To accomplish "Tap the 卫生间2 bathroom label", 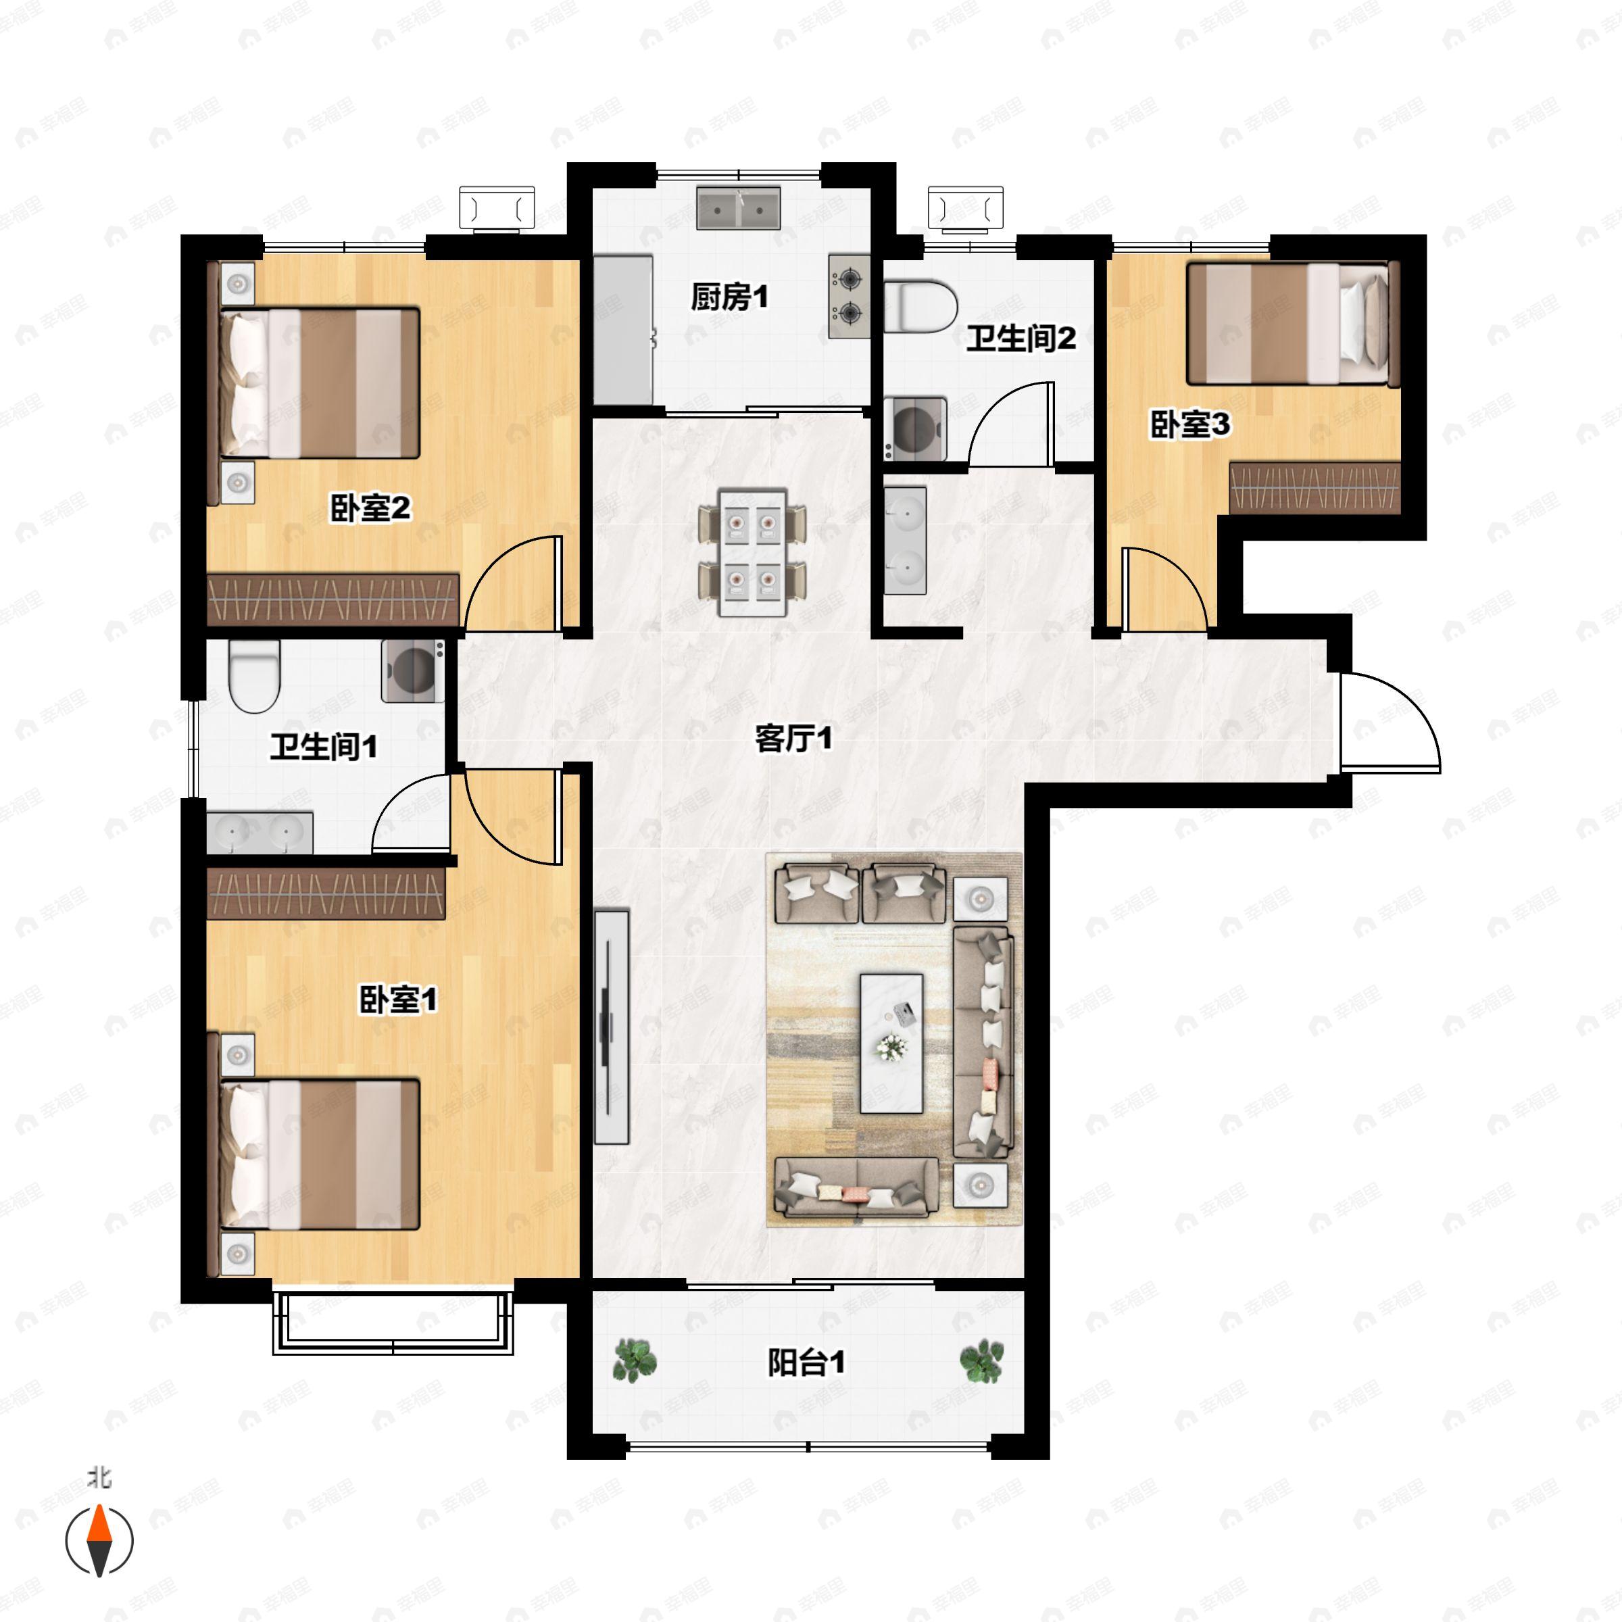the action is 1021,339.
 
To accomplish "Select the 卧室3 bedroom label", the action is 1189,425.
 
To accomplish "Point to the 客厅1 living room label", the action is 793,739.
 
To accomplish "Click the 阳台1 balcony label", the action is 806,1362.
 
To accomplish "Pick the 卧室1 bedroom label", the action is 398,1000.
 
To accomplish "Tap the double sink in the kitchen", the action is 739,208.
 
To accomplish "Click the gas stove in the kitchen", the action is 849,297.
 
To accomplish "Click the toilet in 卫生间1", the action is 253,676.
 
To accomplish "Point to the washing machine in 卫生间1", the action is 413,671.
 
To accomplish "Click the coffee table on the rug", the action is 891,1043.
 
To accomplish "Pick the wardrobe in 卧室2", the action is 333,599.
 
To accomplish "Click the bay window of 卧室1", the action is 393,1324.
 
